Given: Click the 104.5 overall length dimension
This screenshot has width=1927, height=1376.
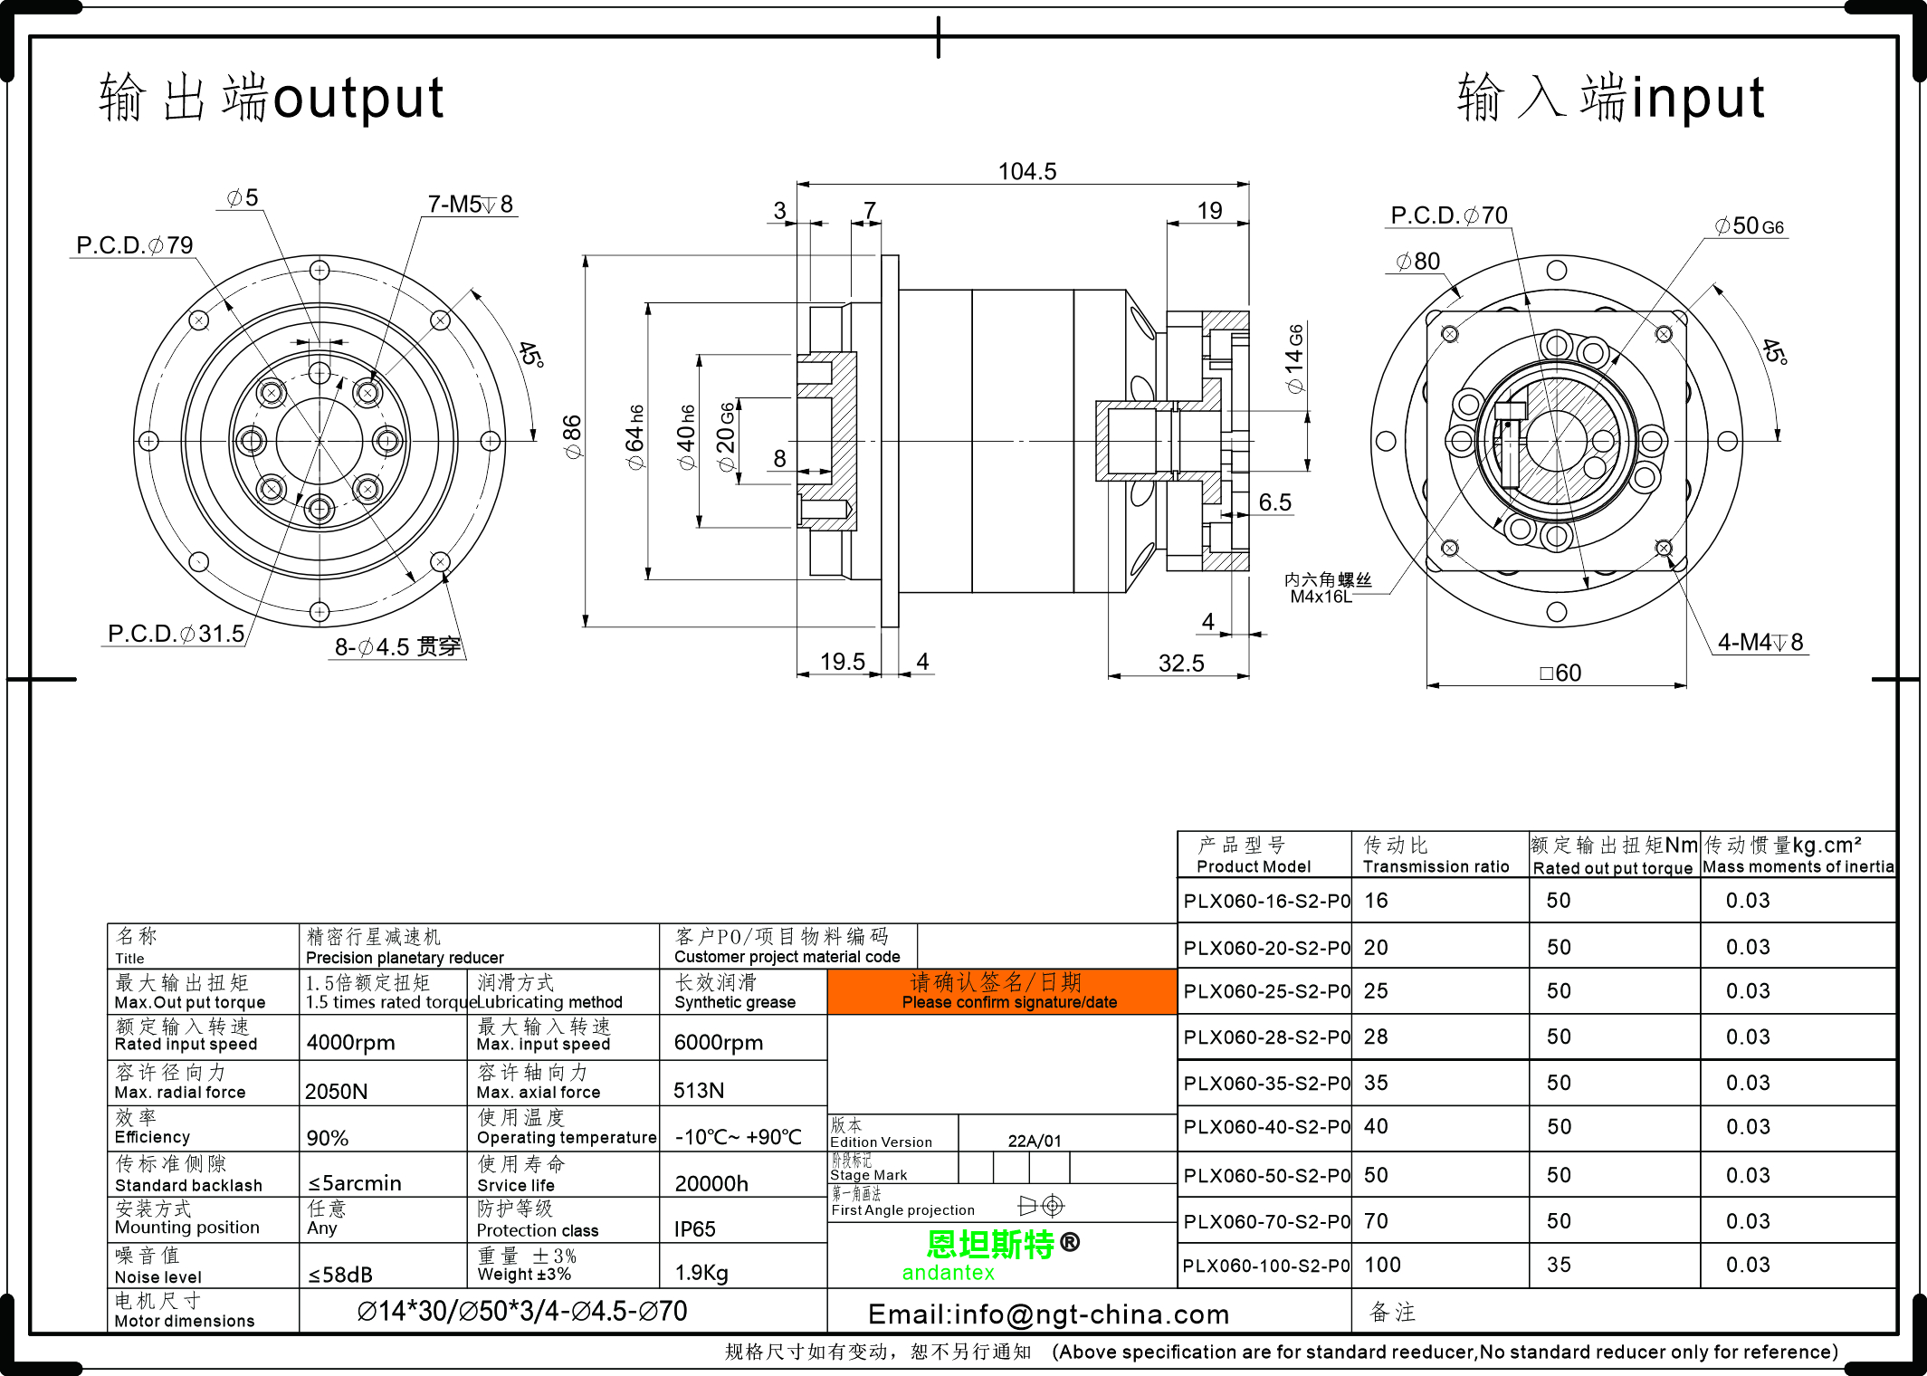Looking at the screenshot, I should point(1026,171).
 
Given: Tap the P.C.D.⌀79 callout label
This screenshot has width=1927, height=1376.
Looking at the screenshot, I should point(134,245).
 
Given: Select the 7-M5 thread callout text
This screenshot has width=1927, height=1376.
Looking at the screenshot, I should point(470,205).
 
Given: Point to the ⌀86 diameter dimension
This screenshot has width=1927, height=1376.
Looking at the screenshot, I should point(572,436).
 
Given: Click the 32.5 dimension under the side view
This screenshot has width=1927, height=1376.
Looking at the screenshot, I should point(1181,664).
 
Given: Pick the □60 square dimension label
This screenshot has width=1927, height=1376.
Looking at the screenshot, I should point(1560,673).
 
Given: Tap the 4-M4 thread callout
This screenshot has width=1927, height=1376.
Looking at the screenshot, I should point(1760,642).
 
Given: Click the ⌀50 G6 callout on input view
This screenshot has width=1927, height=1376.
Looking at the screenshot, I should point(1749,225).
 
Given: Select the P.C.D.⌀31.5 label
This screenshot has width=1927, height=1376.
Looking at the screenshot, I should point(176,634).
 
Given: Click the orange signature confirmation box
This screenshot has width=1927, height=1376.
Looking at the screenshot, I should point(1002,991).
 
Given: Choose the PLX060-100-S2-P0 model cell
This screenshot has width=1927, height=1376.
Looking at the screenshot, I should point(1265,1266).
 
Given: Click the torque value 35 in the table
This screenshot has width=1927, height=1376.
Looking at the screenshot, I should point(1559,1265).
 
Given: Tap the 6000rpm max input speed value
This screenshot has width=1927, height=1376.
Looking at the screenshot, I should point(719,1043).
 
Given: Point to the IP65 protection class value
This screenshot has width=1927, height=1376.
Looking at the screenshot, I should point(694,1229).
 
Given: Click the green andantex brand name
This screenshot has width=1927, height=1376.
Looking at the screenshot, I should point(948,1273).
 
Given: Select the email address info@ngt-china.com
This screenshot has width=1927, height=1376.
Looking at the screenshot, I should point(1048,1314).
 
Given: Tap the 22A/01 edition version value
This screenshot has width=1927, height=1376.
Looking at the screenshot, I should point(1035,1141).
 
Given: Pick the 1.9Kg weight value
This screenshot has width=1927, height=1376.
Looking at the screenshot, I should point(701,1273).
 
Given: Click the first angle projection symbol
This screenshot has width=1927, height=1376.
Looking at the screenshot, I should point(1041,1206).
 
